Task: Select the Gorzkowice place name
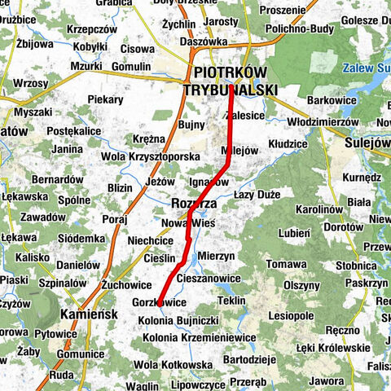point(158,302)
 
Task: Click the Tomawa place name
point(286,264)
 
